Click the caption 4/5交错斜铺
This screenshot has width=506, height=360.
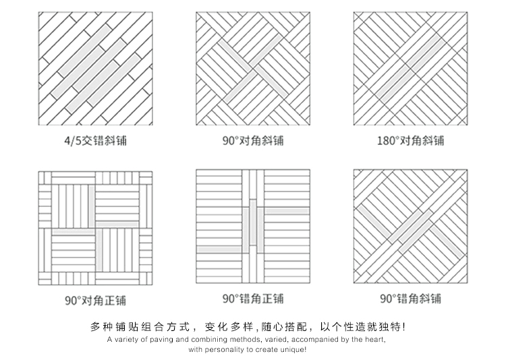click(96, 141)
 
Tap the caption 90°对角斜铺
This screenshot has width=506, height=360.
click(253, 141)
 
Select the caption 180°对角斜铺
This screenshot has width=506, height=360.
click(410, 141)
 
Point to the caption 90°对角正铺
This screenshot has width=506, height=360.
click(96, 300)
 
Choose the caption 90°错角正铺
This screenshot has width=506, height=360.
click(253, 299)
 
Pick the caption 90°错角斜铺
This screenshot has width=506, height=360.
click(410, 299)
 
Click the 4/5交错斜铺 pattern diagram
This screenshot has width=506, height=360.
click(96, 69)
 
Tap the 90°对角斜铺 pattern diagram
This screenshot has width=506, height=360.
click(253, 69)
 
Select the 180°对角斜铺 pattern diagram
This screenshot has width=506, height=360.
click(410, 69)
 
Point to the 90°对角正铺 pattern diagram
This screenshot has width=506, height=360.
click(96, 228)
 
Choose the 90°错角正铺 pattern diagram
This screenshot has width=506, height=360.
click(253, 227)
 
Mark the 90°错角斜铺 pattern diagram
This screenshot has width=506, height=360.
click(410, 227)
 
